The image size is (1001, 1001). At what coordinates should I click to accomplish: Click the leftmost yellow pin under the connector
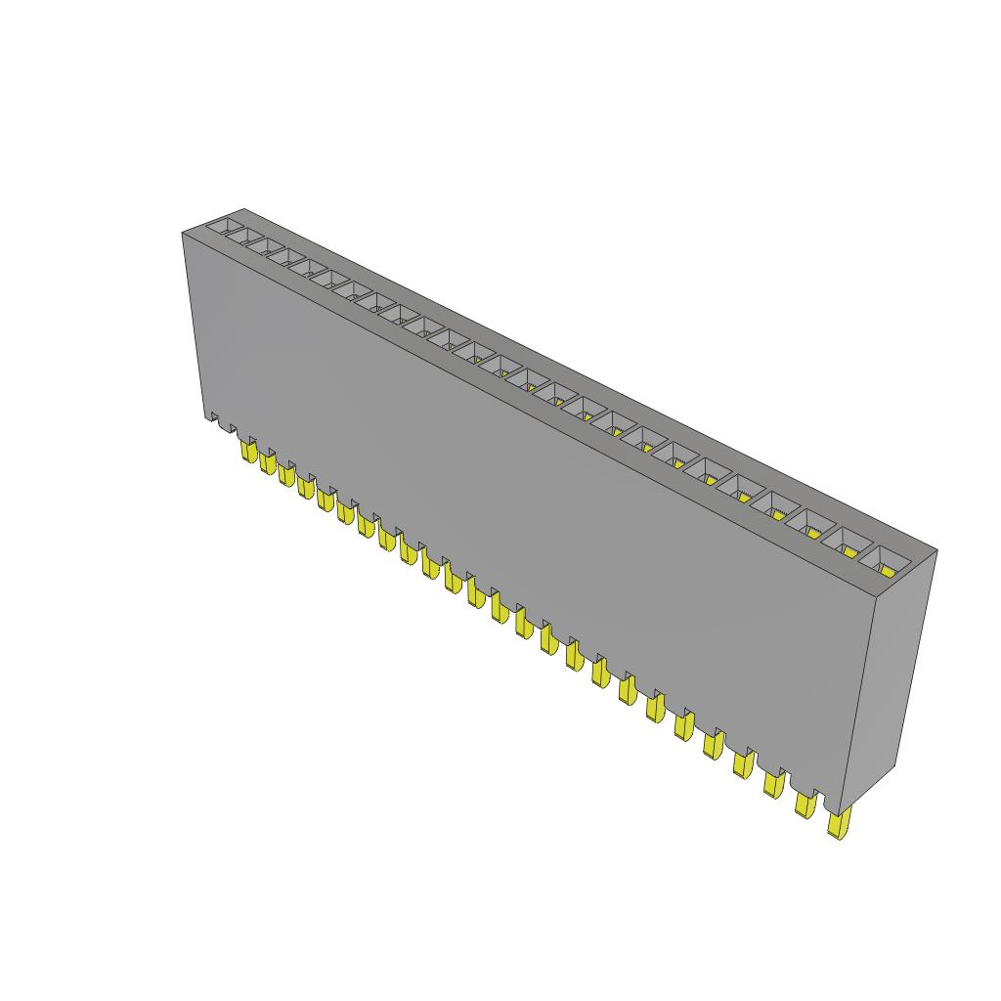[x=247, y=452]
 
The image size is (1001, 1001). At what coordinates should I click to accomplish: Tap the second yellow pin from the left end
[x=267, y=462]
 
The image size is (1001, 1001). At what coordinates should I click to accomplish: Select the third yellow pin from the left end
[x=285, y=474]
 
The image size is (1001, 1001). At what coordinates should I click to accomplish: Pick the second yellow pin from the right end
[x=805, y=804]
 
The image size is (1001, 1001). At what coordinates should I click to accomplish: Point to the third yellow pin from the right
[x=773, y=783]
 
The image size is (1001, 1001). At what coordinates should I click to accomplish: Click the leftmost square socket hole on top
[x=227, y=227]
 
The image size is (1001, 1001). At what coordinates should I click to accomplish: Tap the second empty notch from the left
[x=229, y=428]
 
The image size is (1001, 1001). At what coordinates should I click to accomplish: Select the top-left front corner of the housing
[x=183, y=233]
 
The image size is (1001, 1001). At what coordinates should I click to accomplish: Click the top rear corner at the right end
[x=936, y=551]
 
